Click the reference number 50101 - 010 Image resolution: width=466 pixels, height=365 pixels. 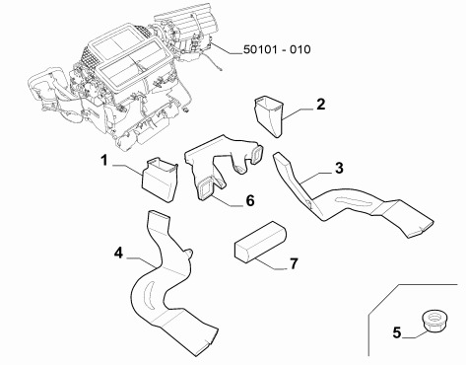tap(277, 49)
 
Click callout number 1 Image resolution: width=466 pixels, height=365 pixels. tap(104, 161)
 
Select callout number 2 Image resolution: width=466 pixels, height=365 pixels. tap(320, 105)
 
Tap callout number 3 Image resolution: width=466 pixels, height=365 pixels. tap(339, 168)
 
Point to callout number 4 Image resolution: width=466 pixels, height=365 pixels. tap(118, 254)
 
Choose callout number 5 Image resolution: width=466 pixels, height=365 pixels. tap(397, 332)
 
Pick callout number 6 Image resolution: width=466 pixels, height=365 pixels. tap(250, 200)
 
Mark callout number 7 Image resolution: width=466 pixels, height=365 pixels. tap(294, 263)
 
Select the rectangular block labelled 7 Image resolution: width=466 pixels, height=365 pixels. tap(260, 242)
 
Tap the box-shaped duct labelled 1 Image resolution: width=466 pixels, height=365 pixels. tap(160, 180)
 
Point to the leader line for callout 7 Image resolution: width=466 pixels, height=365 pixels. tap(269, 264)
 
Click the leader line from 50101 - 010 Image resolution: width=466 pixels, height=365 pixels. tap(227, 48)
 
